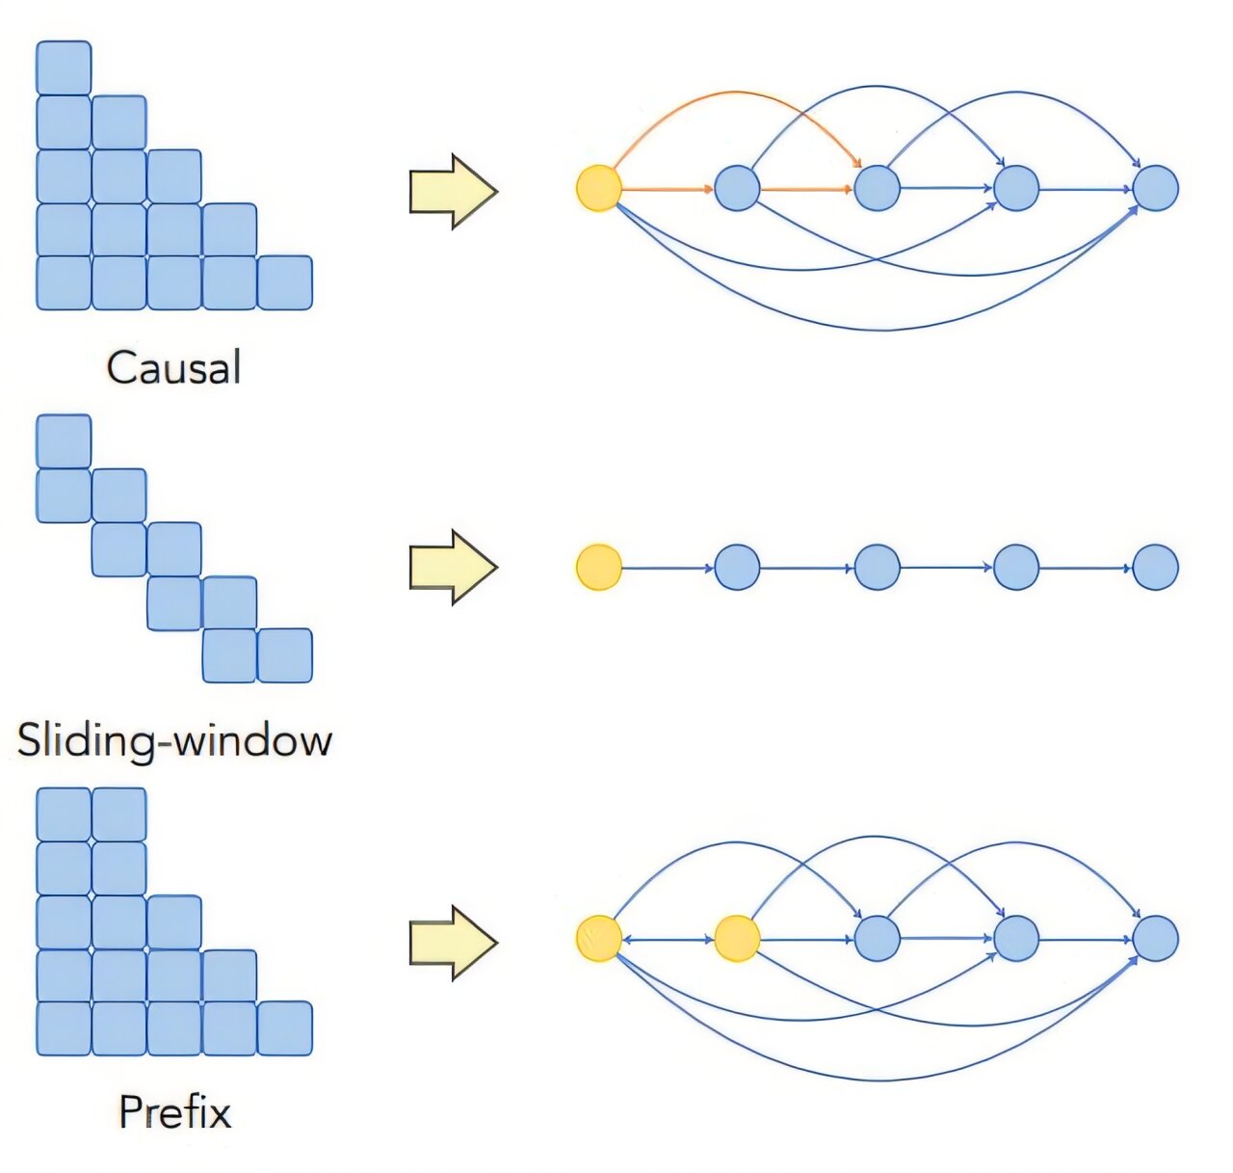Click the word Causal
(173, 368)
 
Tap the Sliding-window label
(174, 740)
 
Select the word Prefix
(174, 1112)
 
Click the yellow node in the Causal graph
(598, 188)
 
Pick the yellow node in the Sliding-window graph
(598, 567)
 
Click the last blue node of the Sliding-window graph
(1155, 567)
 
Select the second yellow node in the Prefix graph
(737, 939)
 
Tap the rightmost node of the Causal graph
(1155, 188)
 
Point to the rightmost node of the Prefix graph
(1155, 939)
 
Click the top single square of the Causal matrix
(64, 68)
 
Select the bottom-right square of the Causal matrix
(285, 283)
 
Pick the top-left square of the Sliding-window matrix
(64, 441)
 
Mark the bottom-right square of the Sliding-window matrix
(285, 655)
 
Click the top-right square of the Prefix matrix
(119, 814)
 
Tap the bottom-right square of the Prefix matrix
(285, 1028)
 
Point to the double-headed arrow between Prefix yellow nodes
(668, 939)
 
